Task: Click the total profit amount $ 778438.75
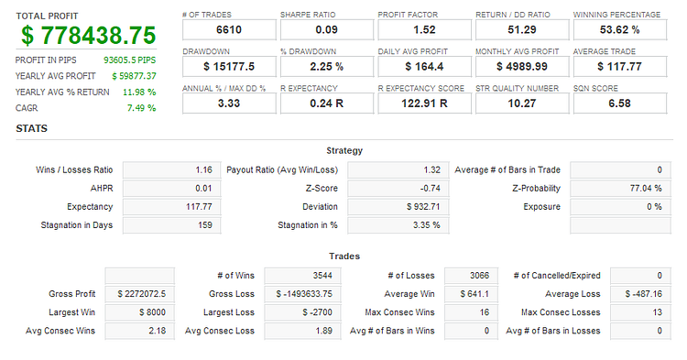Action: coord(89,36)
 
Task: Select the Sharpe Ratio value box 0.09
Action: coord(327,30)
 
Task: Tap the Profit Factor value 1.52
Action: coord(424,30)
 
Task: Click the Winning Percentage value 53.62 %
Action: coord(619,30)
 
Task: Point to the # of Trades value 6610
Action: coord(229,30)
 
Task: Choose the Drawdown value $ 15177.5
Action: coord(229,67)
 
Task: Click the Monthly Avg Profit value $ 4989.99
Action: coord(522,67)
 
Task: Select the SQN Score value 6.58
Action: coord(619,104)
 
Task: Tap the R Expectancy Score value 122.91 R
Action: coord(424,104)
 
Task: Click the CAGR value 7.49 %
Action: coord(141,108)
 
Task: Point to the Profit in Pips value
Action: coord(130,60)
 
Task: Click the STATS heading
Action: coord(31,128)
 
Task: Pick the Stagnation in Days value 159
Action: coord(205,225)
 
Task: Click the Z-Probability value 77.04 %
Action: coord(646,189)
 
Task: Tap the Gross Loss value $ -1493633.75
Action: coord(304,294)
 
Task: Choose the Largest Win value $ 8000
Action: coord(152,312)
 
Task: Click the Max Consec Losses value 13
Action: coord(657,312)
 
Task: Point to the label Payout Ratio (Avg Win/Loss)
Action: coord(282,170)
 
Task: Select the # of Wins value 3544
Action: coord(322,276)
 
